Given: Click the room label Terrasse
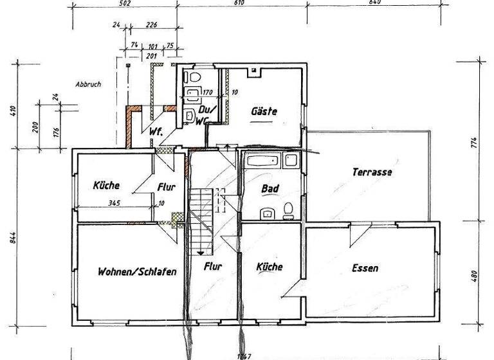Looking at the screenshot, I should (372, 172).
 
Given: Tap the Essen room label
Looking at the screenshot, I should (365, 268).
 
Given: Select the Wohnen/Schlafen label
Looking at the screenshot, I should (136, 271).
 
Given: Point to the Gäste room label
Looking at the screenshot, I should (263, 111).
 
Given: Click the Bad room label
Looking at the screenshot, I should (269, 189).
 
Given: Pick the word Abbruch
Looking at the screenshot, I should (88, 84).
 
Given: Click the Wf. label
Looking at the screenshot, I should (155, 132).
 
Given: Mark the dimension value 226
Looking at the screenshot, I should (152, 26).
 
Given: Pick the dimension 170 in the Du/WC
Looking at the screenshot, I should (208, 93).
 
